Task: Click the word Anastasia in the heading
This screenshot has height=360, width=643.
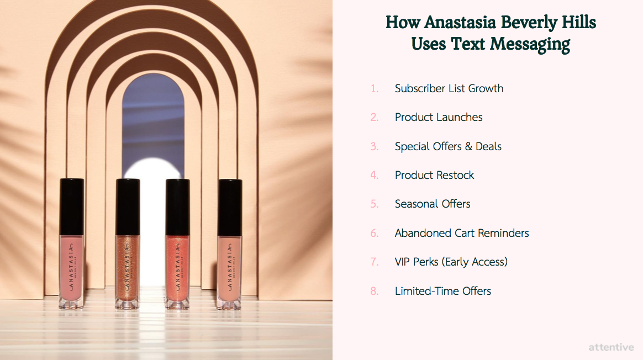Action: pos(460,22)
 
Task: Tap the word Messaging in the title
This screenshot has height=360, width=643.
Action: pos(530,44)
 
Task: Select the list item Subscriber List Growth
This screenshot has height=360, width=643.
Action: pos(449,88)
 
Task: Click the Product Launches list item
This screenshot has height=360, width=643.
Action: pos(439,117)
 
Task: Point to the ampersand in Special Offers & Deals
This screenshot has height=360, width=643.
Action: pos(468,146)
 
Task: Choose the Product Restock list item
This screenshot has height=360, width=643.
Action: pos(434,175)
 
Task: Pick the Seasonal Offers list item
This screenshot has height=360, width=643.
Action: pos(432,204)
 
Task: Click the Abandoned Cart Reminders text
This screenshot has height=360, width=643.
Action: pos(462,233)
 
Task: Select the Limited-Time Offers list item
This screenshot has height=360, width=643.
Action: pos(443,291)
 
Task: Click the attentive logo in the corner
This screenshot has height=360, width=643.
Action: pos(611,347)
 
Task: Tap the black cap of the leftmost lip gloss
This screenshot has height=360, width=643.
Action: pos(72,207)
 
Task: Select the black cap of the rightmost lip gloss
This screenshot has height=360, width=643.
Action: pos(230,208)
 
